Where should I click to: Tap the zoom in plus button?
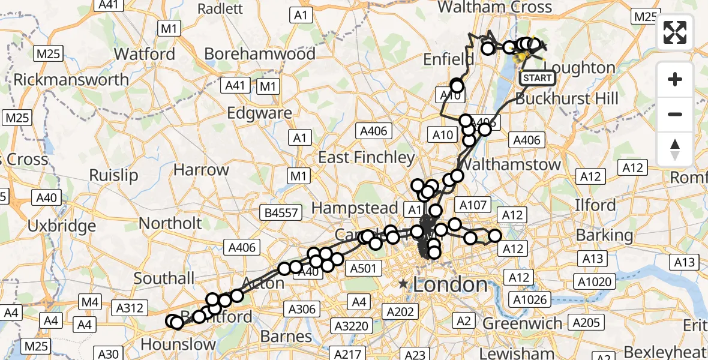[675, 80]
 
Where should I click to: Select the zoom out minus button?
[675, 114]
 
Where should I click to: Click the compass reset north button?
[675, 149]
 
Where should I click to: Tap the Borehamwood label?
[260, 54]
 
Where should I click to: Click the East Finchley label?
[366, 158]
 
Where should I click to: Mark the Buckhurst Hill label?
[567, 98]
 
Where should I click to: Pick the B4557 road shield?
[279, 212]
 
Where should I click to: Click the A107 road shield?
[472, 205]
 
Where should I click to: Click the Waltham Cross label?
[495, 8]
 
